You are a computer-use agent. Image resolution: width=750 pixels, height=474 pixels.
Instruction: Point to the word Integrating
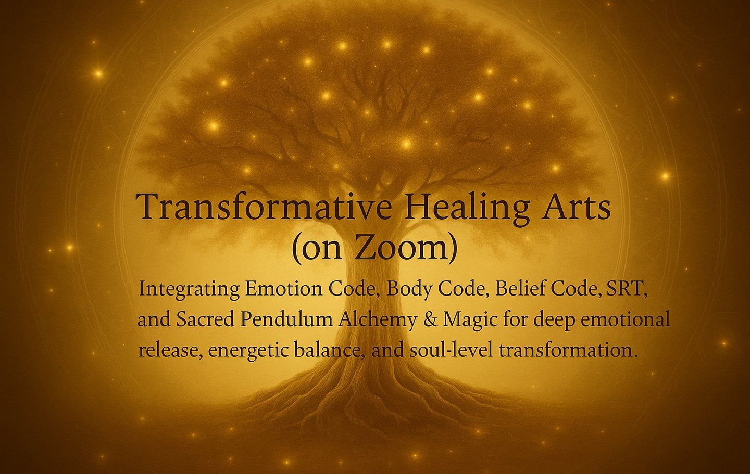click(x=189, y=289)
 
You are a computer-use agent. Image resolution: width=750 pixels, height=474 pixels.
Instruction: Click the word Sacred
click(x=205, y=319)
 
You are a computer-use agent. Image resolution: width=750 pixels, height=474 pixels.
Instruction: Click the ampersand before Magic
click(x=430, y=320)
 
